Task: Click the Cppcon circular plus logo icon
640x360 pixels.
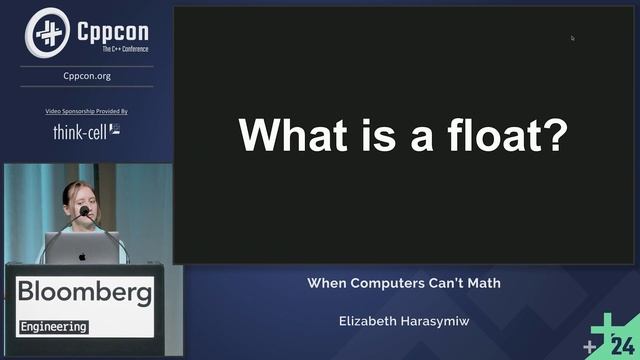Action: pyautogui.click(x=47, y=31)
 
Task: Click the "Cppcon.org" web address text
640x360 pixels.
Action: pyautogui.click(x=87, y=74)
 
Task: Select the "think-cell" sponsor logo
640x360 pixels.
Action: pyautogui.click(x=86, y=130)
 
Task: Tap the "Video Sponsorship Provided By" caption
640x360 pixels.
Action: pyautogui.click(x=87, y=111)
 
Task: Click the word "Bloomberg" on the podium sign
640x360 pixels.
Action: pyautogui.click(x=85, y=293)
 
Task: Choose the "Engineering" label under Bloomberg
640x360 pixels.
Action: pyautogui.click(x=54, y=327)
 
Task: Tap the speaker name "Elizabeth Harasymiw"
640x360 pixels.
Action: pyautogui.click(x=405, y=322)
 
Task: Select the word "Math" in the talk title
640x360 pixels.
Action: pyautogui.click(x=481, y=283)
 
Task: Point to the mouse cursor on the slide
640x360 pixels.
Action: pyautogui.click(x=573, y=38)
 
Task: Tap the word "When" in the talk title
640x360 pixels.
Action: pyautogui.click(x=327, y=283)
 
